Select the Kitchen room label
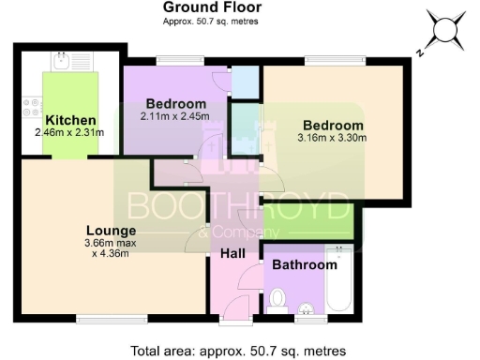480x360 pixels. (70, 120)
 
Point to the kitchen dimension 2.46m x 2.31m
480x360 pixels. (71, 133)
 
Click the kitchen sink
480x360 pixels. (60, 64)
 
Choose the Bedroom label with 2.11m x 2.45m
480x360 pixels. (175, 103)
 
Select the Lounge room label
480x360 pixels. (112, 231)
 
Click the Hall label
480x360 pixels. (232, 253)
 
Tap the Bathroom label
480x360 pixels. (304, 265)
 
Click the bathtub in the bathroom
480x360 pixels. (337, 279)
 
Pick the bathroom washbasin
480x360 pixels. (305, 310)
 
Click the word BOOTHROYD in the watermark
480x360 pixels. (239, 205)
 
